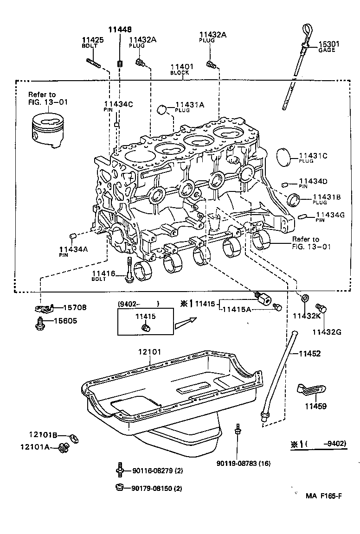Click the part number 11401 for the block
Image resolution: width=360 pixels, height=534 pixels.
tap(182, 67)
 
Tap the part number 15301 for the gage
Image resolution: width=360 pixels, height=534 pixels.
tap(329, 44)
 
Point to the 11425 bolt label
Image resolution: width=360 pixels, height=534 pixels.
tap(93, 40)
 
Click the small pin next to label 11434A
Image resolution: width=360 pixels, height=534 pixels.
tap(72, 236)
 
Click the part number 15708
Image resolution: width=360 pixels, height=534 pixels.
tap(75, 307)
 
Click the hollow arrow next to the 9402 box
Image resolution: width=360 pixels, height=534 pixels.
tap(185, 323)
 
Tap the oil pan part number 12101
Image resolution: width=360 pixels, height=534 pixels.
tap(149, 352)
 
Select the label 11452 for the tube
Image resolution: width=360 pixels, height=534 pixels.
tap(309, 353)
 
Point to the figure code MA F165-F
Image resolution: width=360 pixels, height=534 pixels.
tap(323, 496)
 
